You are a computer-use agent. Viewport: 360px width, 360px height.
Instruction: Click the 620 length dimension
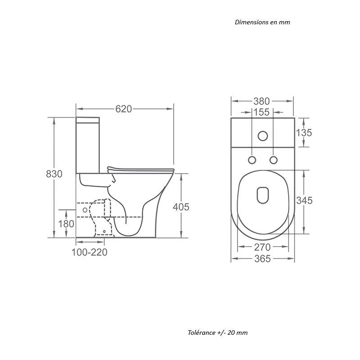[x=123, y=109]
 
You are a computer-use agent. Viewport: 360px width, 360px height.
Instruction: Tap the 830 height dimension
[x=54, y=174]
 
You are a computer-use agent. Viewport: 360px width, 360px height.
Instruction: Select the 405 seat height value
[x=181, y=207]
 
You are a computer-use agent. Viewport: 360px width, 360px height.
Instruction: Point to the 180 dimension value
[x=66, y=224]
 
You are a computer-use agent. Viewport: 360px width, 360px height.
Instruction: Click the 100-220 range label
[x=89, y=252]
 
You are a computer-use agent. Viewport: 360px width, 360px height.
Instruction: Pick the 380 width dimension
[x=261, y=101]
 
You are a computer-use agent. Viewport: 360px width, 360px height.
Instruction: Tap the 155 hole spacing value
[x=261, y=112]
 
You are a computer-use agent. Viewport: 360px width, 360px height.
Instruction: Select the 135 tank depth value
[x=304, y=132]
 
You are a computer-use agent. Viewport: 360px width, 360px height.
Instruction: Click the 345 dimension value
[x=304, y=200]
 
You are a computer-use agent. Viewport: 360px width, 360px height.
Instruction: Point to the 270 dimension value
[x=262, y=247]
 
